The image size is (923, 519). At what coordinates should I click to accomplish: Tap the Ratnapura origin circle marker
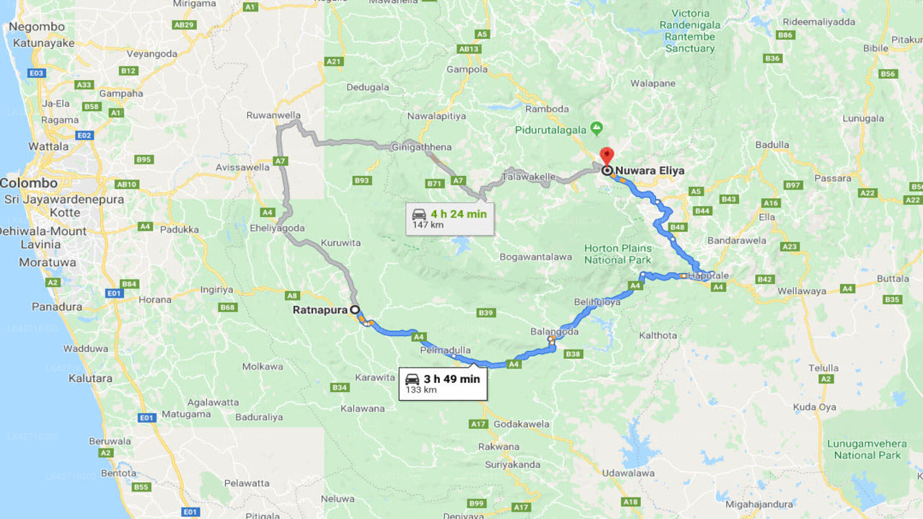coord(354,310)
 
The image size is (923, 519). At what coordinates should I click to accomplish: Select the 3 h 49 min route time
coord(451,378)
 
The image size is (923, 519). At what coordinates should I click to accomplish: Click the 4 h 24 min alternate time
coord(459,213)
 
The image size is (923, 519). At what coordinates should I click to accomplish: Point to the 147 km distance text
coord(428,225)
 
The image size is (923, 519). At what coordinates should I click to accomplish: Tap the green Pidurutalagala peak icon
coord(596,128)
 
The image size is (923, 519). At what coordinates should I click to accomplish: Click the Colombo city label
coord(29,183)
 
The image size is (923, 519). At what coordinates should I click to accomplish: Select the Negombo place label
coord(36,27)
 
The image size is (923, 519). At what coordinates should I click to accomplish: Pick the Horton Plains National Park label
coord(618,254)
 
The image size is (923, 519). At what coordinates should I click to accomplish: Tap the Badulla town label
coord(772,144)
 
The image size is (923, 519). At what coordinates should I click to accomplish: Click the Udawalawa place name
coord(629,473)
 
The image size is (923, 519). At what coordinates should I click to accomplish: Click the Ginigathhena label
coord(422,147)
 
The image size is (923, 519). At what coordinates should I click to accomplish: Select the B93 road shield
coord(363,180)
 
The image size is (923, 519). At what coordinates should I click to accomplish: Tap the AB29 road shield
coord(184,25)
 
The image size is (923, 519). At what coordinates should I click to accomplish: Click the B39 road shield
coord(486,312)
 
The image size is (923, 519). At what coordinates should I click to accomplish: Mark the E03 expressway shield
coord(37,73)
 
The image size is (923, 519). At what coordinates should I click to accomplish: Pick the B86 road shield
coord(786,35)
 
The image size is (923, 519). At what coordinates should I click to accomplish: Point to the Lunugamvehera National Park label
coord(867,449)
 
